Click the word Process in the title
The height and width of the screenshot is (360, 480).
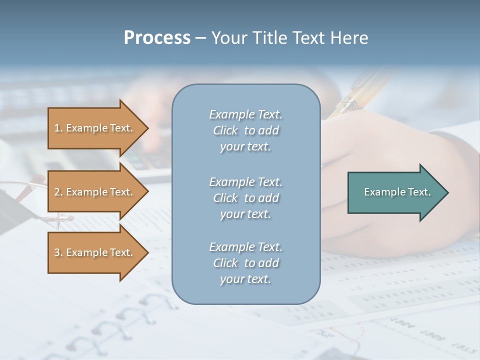157,37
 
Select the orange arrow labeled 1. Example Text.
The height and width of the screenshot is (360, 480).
94,128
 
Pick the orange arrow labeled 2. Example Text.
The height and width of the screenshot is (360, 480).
94,192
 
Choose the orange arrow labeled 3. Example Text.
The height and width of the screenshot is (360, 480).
94,252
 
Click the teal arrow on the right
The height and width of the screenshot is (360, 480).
395,192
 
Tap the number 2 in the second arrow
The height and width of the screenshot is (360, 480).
57,192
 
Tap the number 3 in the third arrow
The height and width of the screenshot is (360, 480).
57,252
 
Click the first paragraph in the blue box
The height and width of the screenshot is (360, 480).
245,130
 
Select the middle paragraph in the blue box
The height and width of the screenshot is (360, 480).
245,198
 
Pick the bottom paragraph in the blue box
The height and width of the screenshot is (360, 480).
245,263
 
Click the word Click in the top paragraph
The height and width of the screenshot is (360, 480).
225,130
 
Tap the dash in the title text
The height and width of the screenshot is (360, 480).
201,38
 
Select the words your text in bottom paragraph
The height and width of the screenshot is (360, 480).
245,279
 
